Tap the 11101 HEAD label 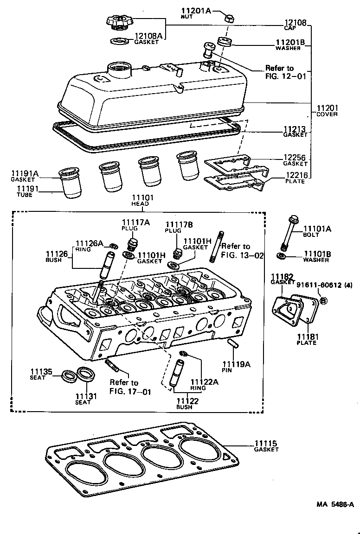(140, 200)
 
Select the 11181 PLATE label (306, 339)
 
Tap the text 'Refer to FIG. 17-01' (123, 387)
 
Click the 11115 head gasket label (266, 446)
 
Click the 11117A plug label (135, 225)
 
